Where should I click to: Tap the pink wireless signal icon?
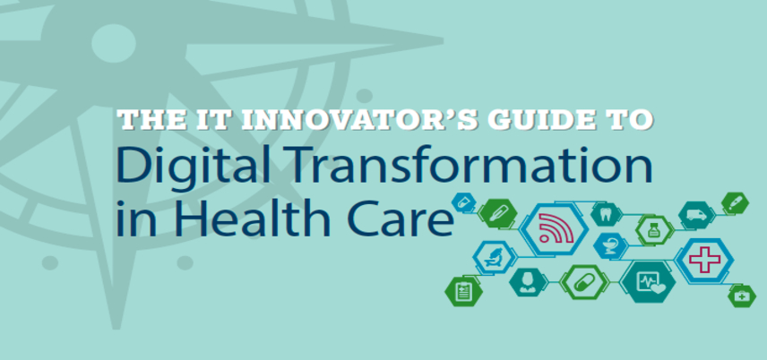tap(554, 228)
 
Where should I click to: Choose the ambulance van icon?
tap(696, 215)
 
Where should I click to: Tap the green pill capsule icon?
tap(584, 282)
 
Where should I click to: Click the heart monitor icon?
tap(648, 281)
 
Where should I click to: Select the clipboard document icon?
tap(462, 292)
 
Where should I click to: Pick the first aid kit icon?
tap(742, 296)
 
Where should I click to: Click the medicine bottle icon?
tap(654, 230)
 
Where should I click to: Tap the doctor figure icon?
tap(528, 282)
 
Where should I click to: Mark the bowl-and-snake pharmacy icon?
tap(610, 245)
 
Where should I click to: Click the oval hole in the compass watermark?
tap(114, 44)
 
